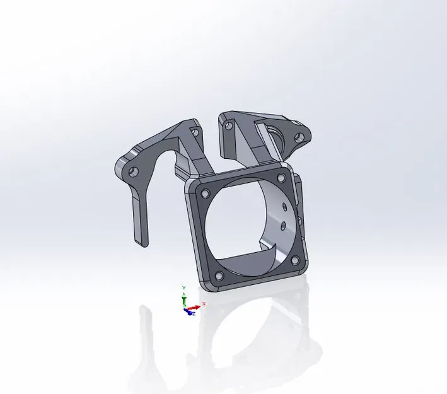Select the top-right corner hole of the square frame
coord(282,178)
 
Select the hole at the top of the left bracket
coord(195,132)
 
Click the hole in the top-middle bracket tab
coord(229,126)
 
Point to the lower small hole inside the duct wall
coord(284,224)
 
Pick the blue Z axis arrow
coord(189,312)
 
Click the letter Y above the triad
coord(183,287)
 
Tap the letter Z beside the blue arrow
coord(194,313)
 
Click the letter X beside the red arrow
coord(204,304)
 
